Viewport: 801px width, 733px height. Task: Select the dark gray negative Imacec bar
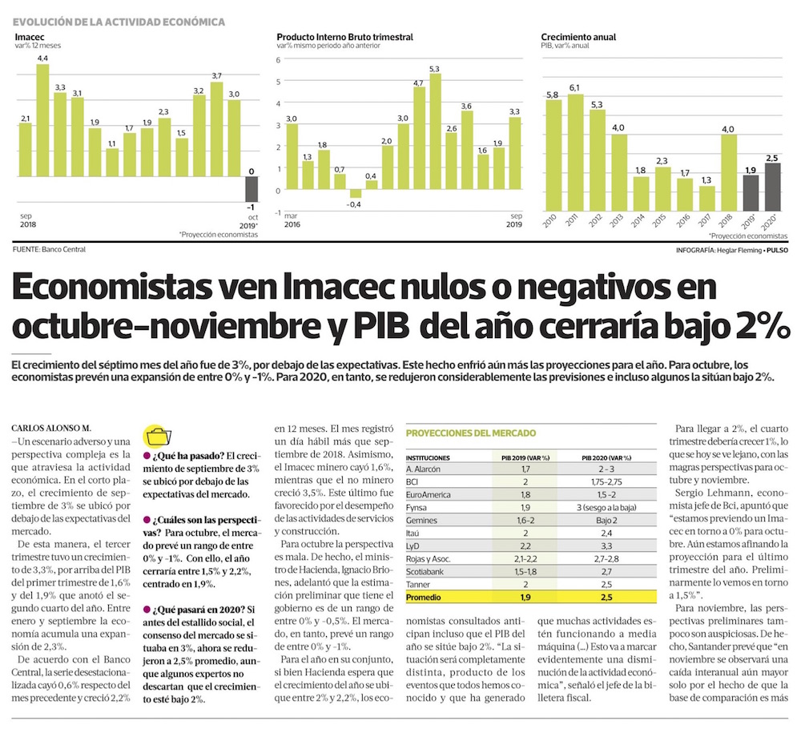coord(252,188)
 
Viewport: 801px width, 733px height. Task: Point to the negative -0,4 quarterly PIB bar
coord(356,193)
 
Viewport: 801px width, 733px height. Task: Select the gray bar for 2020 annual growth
coord(772,187)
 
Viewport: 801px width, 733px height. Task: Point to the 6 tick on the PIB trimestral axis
coord(279,59)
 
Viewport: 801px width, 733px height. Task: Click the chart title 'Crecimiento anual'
coord(578,37)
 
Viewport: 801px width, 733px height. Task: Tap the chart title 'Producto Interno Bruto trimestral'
coord(344,37)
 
